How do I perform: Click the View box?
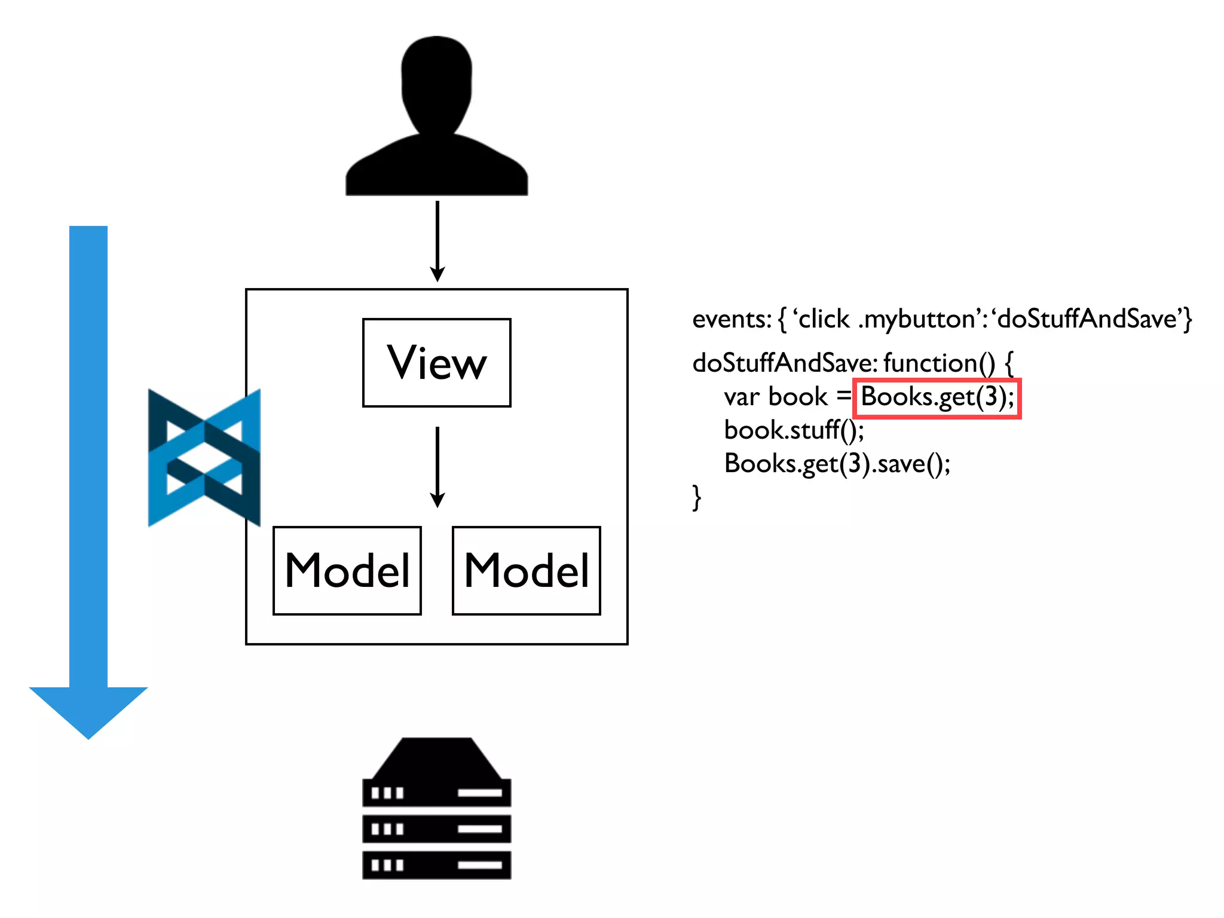click(x=436, y=363)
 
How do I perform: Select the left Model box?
click(x=347, y=570)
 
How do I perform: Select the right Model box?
click(x=527, y=570)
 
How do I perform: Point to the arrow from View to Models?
click(x=437, y=466)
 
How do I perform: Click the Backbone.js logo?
click(x=204, y=458)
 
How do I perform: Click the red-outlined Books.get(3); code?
click(x=937, y=398)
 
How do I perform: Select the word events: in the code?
click(x=732, y=320)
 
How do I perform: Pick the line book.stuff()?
click(x=794, y=430)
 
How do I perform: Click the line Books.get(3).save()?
click(x=837, y=464)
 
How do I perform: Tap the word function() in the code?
click(x=939, y=363)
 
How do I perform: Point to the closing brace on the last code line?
click(x=696, y=497)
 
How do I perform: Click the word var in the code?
click(x=742, y=397)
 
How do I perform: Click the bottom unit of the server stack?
click(x=436, y=865)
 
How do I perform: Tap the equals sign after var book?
click(x=843, y=396)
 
